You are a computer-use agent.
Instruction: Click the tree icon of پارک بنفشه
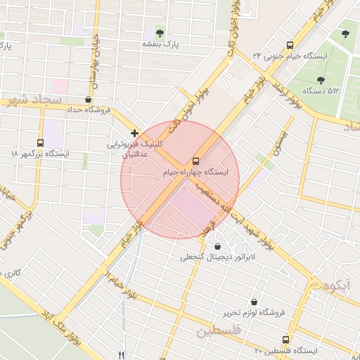click(x=160, y=33)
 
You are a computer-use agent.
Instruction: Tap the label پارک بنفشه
click(x=161, y=44)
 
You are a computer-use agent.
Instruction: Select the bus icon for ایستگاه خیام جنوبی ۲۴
click(x=290, y=44)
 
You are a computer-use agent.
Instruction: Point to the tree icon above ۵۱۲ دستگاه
click(x=321, y=80)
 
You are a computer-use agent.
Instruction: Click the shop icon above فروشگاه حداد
click(x=88, y=100)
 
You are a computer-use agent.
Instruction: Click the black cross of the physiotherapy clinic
click(x=134, y=132)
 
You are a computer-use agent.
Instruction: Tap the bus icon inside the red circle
click(x=195, y=160)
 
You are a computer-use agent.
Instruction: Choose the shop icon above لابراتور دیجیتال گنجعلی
click(x=217, y=246)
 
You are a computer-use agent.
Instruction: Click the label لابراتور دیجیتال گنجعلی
click(x=217, y=257)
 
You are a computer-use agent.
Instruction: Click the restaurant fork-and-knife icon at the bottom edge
click(x=121, y=355)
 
